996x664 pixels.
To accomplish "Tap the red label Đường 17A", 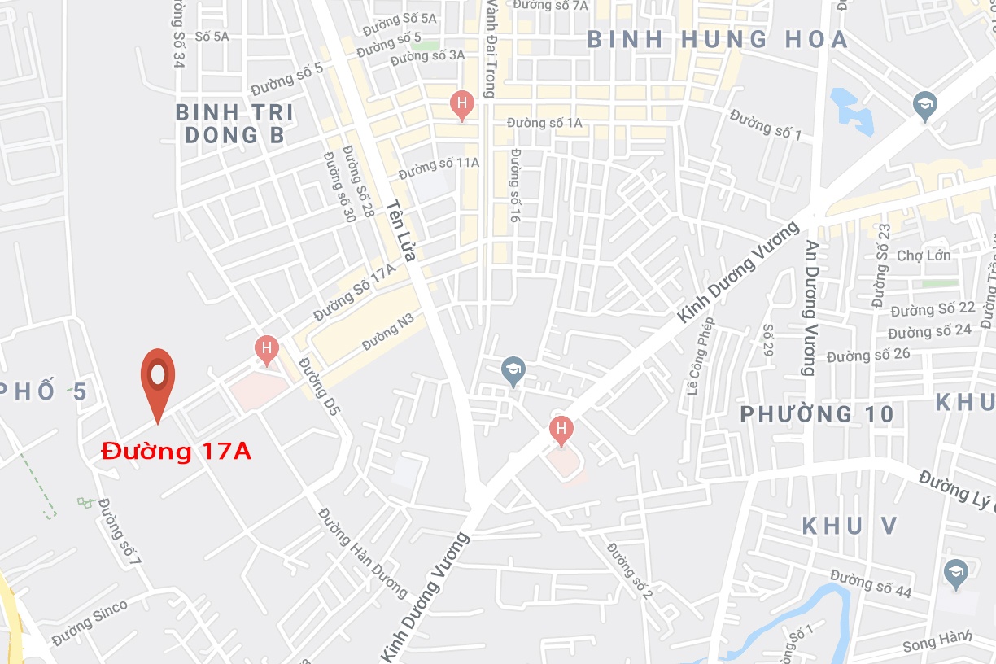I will tap(177, 451).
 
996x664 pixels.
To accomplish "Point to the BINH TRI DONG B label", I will tap(234, 124).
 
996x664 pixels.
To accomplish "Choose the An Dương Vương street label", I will tap(810, 308).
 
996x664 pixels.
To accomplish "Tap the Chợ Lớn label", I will tap(924, 256).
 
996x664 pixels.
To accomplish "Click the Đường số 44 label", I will tap(871, 584).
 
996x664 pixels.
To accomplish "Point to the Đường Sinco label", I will tap(90, 622).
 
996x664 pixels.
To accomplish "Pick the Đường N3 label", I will tap(388, 331).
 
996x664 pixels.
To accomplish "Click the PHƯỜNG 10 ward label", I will tap(817, 414).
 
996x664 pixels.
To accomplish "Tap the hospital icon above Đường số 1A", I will tap(462, 104).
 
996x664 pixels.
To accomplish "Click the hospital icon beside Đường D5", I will tap(266, 349).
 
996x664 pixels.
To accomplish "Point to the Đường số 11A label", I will tap(439, 167).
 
